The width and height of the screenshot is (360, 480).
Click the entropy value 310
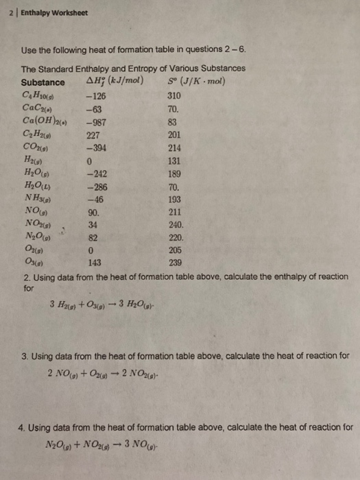click(x=173, y=96)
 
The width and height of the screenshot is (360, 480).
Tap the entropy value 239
click(x=173, y=261)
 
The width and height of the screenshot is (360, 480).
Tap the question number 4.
click(x=25, y=427)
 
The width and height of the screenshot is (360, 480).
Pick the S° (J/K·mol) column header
click(x=196, y=82)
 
